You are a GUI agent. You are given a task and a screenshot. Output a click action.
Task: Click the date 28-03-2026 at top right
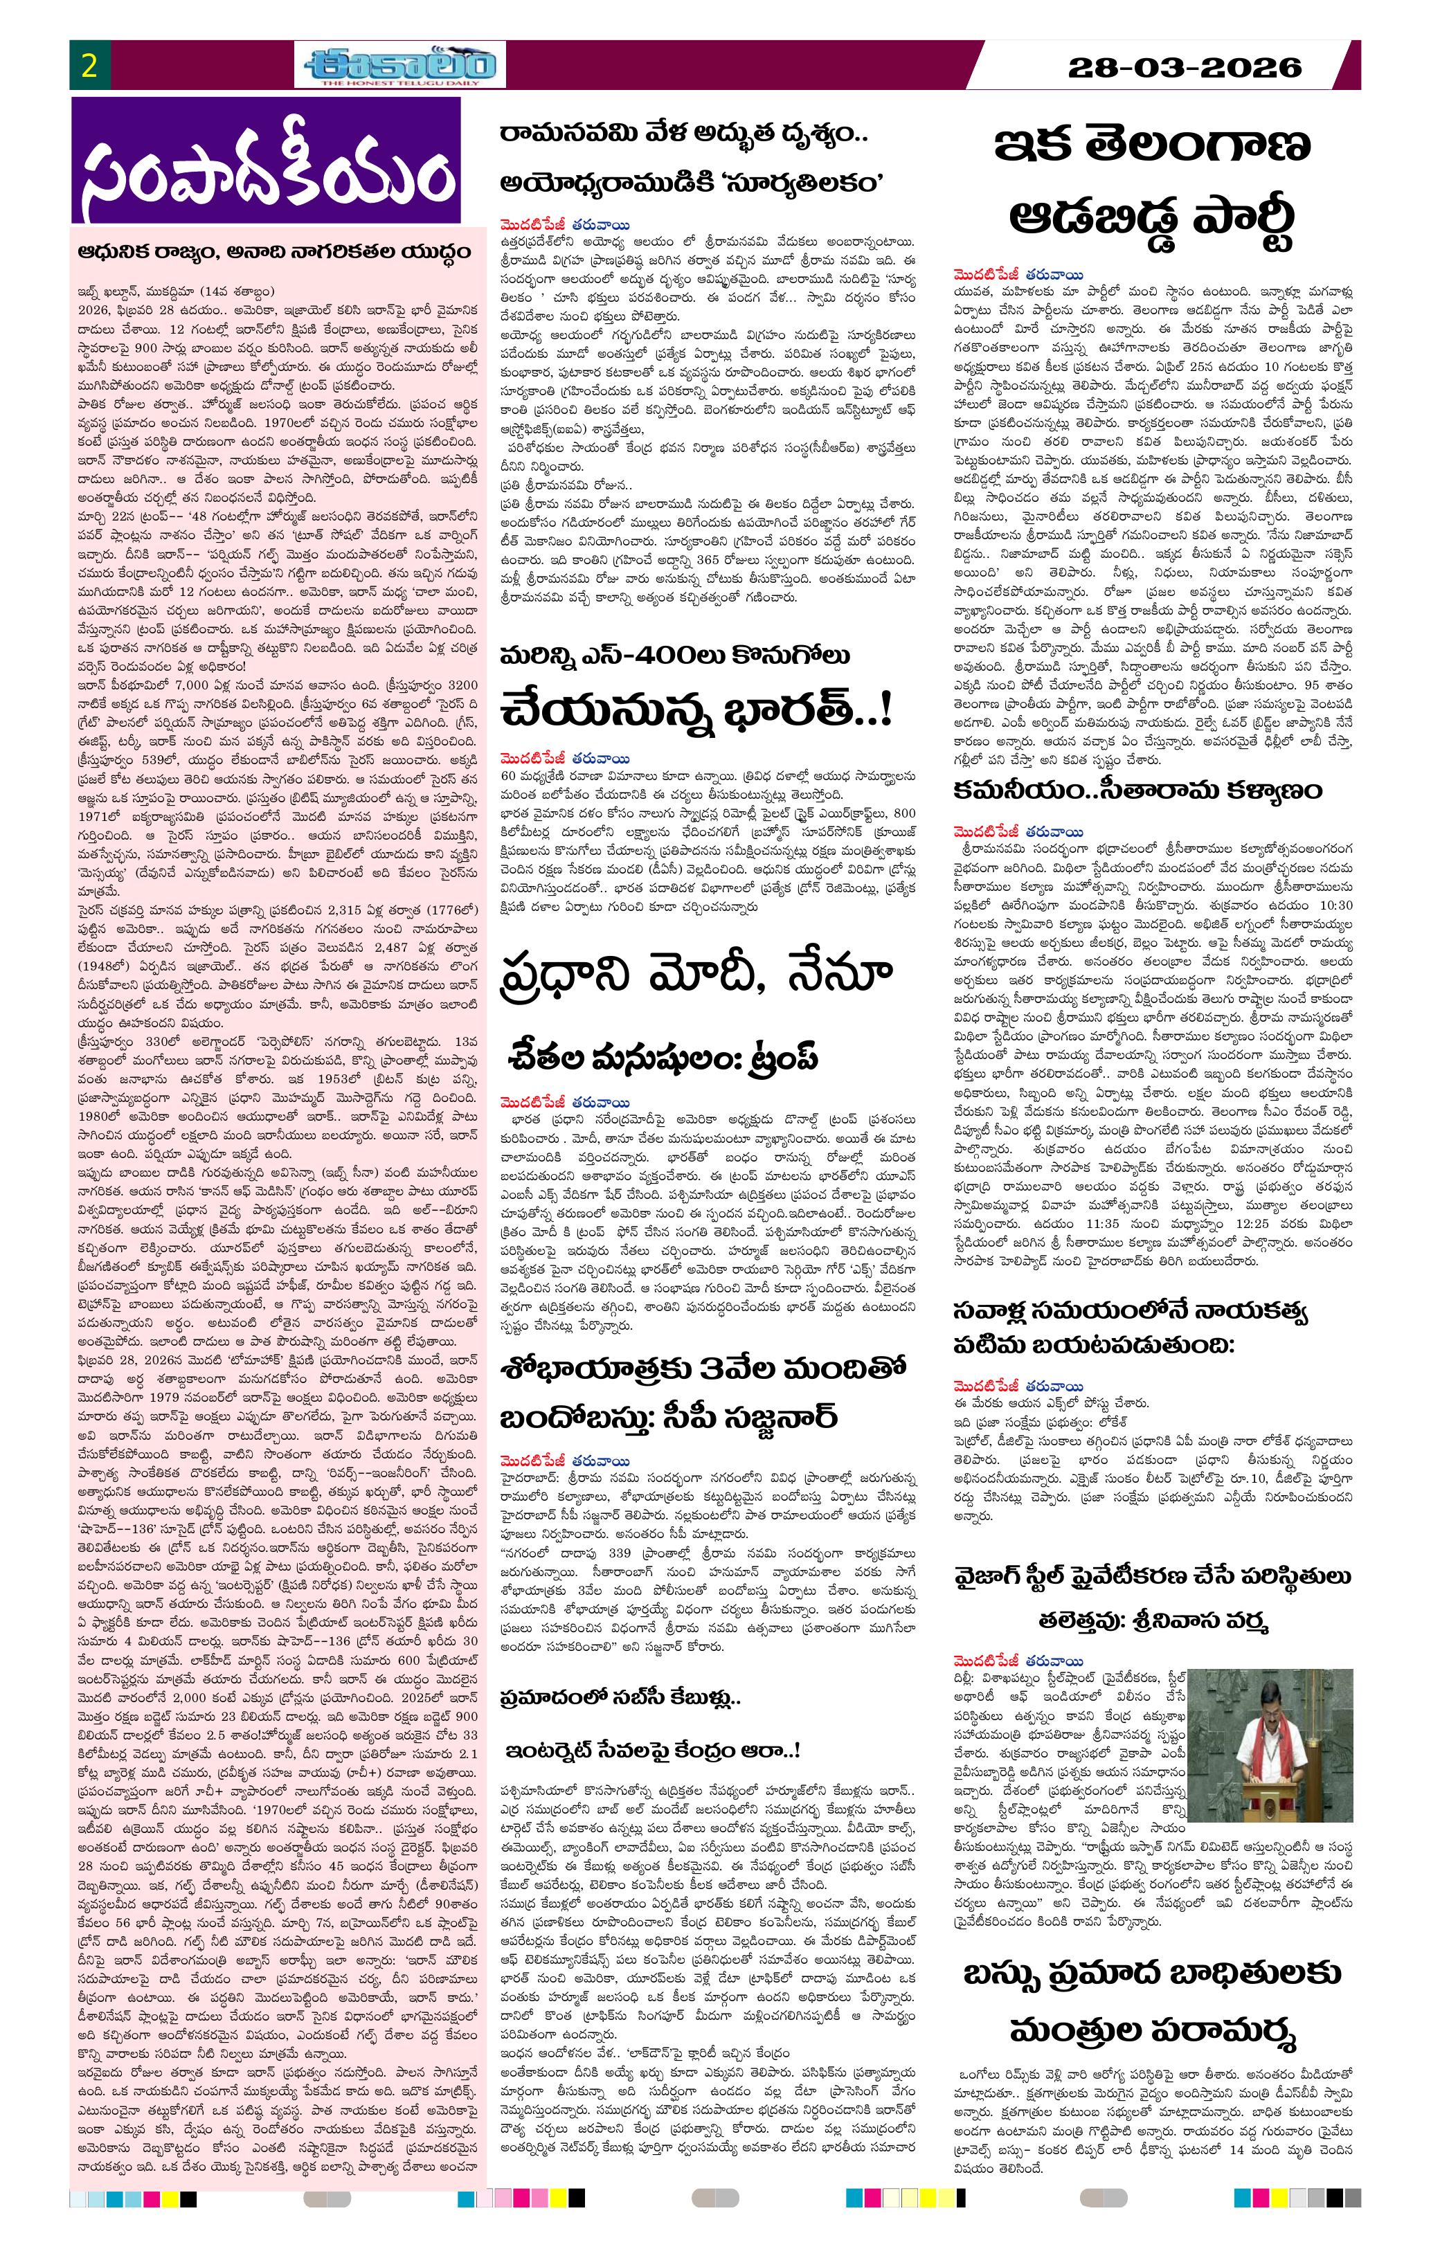click(x=1185, y=67)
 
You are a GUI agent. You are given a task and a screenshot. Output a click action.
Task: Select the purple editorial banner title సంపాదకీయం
click(x=267, y=161)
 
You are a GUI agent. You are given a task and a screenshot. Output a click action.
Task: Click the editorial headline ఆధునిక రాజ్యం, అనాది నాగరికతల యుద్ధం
click(x=278, y=252)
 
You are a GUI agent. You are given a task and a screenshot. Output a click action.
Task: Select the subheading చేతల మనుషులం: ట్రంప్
click(x=663, y=1056)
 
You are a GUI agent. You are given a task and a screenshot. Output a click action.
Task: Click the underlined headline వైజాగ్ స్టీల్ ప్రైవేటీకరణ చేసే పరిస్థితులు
click(x=1152, y=1578)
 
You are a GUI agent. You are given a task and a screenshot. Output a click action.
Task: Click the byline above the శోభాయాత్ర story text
click(x=565, y=1461)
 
